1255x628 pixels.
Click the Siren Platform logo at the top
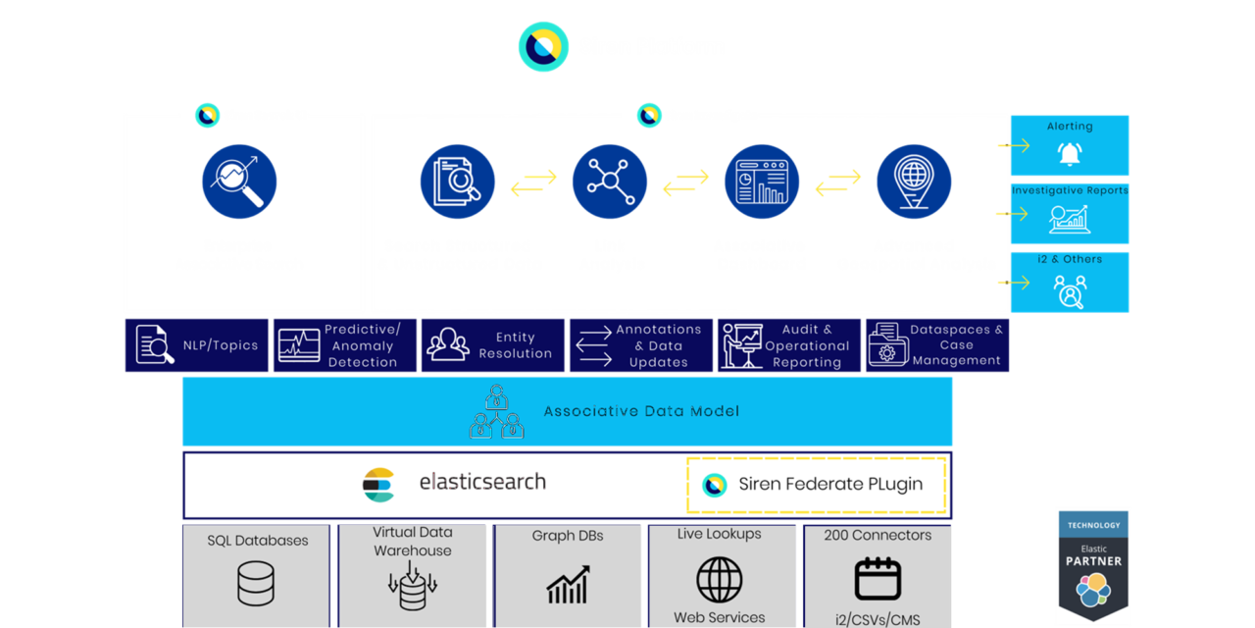tap(543, 46)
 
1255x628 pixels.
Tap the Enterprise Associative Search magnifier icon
tap(239, 182)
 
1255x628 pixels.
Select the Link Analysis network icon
tap(610, 182)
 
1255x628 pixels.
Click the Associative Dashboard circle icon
tap(762, 182)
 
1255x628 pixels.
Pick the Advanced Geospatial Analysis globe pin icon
tap(914, 182)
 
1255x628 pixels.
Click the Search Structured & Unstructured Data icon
tap(457, 182)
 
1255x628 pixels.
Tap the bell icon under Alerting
tap(1069, 154)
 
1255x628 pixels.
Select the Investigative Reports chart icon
tap(1069, 219)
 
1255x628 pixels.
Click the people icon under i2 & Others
tap(1069, 291)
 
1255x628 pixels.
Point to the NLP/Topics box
tap(197, 345)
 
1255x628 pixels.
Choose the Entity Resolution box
tap(493, 345)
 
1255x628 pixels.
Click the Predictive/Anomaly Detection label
tap(363, 345)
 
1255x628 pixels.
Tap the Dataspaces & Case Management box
tap(936, 345)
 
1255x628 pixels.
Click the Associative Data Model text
tap(641, 411)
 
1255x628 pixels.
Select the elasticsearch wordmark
tap(482, 482)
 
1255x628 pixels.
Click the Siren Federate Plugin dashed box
tap(817, 485)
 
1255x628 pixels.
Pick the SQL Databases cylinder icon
tap(255, 583)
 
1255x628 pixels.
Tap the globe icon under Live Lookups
tap(720, 579)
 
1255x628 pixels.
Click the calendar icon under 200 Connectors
tap(878, 578)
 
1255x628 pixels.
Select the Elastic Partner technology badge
tap(1093, 566)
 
